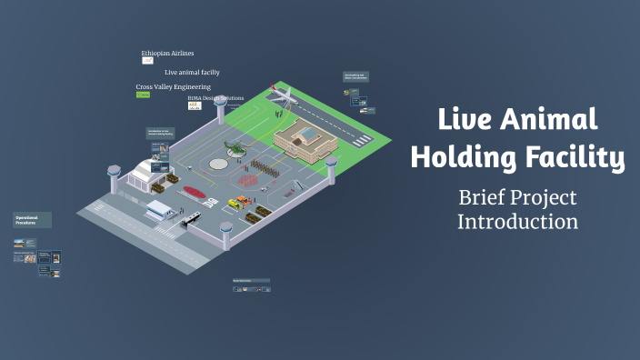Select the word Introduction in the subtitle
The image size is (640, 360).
click(516, 221)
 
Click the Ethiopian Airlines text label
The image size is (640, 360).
click(167, 54)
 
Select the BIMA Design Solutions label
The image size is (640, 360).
click(217, 98)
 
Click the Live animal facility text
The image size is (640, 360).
click(192, 72)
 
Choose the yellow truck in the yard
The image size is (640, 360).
click(240, 202)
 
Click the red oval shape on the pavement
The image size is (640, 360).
click(194, 192)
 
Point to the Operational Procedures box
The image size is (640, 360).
click(32, 220)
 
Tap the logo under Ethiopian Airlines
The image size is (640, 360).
click(147, 61)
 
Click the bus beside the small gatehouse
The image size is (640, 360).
click(191, 219)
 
